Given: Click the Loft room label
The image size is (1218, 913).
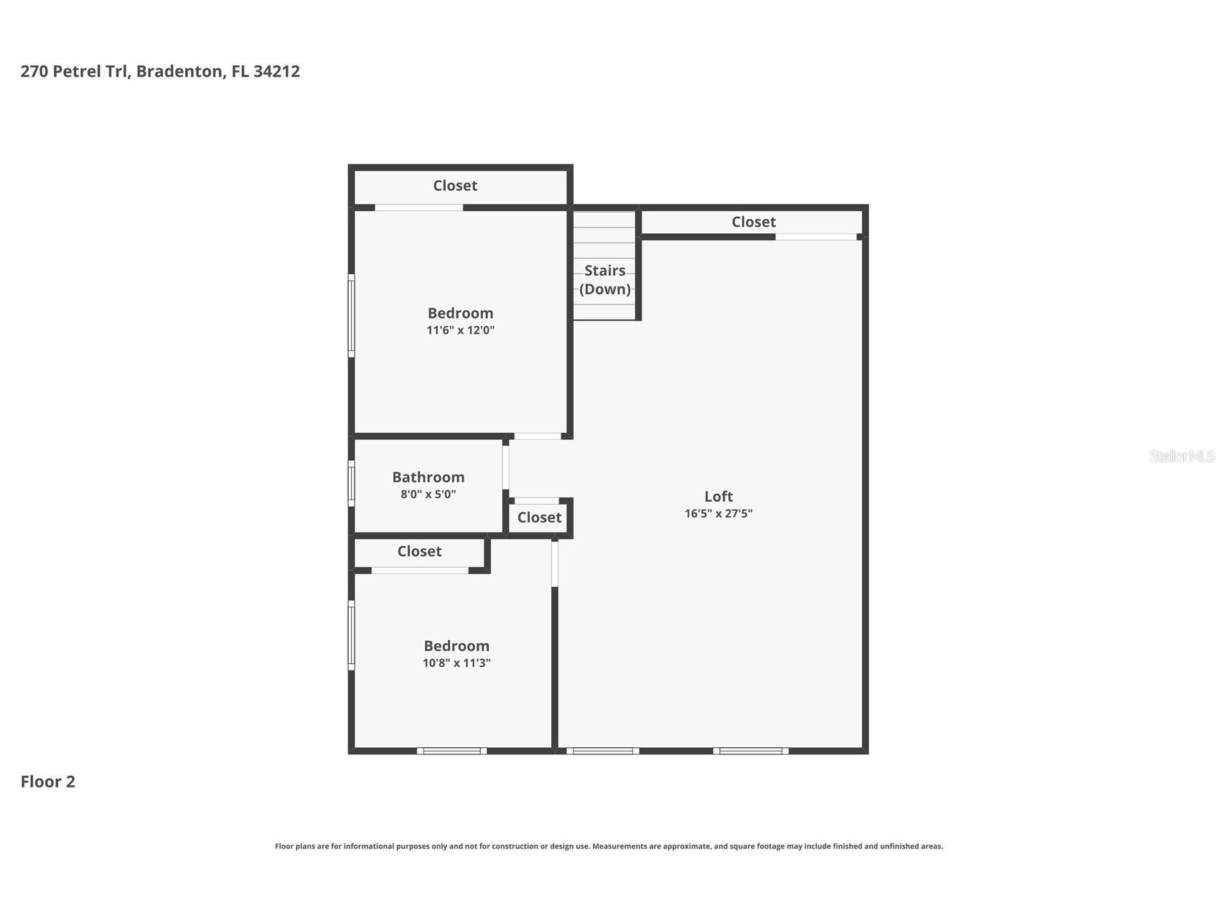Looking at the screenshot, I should pyautogui.click(x=718, y=496).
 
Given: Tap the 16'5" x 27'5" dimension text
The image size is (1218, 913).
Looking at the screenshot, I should pyautogui.click(x=718, y=513).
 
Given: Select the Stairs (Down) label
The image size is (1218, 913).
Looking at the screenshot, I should pyautogui.click(x=604, y=280).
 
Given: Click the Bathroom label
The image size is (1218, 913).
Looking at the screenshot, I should pyautogui.click(x=428, y=477).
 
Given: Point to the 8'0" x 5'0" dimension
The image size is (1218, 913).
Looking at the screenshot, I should pyautogui.click(x=428, y=495).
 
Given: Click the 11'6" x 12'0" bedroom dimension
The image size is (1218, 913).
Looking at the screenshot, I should pyautogui.click(x=460, y=330).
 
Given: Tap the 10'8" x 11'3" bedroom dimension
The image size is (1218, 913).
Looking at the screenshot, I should pyautogui.click(x=456, y=663).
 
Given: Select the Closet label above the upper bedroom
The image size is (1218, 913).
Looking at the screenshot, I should pyautogui.click(x=455, y=185).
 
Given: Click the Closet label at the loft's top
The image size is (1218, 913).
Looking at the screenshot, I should pyautogui.click(x=753, y=222).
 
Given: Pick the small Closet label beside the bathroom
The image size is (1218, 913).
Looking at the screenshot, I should pyautogui.click(x=539, y=518).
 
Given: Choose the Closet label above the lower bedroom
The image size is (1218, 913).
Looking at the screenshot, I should pyautogui.click(x=419, y=551).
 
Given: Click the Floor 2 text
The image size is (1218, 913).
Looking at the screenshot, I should pyautogui.click(x=47, y=782).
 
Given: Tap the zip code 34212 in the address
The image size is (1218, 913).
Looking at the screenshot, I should pyautogui.click(x=276, y=71).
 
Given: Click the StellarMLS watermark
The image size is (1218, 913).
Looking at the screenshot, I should pyautogui.click(x=1181, y=456).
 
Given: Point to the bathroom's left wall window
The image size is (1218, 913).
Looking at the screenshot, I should pyautogui.click(x=351, y=483).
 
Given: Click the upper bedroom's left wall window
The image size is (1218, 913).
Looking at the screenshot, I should pyautogui.click(x=351, y=316).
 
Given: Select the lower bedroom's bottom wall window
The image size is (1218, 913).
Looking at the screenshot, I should pyautogui.click(x=451, y=751).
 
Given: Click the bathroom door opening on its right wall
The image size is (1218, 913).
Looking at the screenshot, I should pyautogui.click(x=505, y=467).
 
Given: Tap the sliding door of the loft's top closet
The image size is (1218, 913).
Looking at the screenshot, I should pyautogui.click(x=815, y=237).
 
